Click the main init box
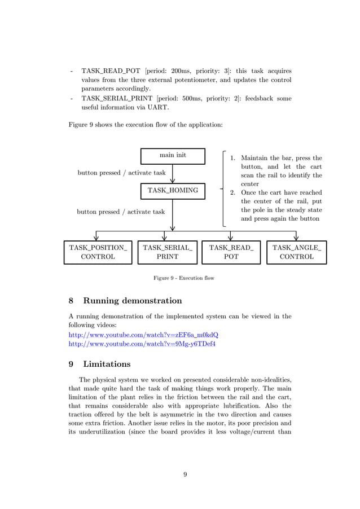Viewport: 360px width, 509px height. click(x=173, y=156)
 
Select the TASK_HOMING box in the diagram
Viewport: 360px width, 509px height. click(x=173, y=191)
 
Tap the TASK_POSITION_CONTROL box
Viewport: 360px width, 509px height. click(x=98, y=252)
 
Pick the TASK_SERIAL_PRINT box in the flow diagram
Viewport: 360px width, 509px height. click(x=167, y=252)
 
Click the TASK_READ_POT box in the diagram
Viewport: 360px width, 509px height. click(x=231, y=252)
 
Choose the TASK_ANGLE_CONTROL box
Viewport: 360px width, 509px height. click(x=297, y=252)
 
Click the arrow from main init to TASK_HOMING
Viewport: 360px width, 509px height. click(x=173, y=173)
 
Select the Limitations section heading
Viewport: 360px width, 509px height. click(x=107, y=364)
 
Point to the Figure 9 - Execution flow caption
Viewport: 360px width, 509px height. click(x=184, y=278)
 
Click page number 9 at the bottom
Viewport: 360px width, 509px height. click(x=185, y=474)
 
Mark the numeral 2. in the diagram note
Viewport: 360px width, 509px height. click(x=232, y=193)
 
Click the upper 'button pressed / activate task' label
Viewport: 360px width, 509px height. click(x=121, y=173)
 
